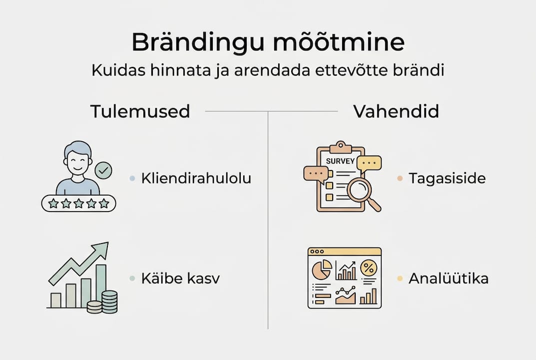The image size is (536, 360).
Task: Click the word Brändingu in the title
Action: [191, 43]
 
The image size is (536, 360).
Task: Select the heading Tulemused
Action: [140, 111]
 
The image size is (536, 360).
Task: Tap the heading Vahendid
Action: [396, 111]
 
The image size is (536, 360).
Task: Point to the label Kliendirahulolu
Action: [196, 178]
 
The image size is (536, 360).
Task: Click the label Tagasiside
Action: [447, 178]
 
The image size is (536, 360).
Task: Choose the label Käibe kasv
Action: [180, 278]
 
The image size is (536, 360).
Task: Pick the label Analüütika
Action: [448, 278]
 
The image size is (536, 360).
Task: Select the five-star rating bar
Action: [78, 203]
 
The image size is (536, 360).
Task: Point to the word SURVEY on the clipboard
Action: [340, 161]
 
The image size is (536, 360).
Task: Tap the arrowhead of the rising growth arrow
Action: [102, 247]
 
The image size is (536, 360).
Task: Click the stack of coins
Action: [104, 302]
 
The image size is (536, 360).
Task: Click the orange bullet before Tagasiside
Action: [399, 178]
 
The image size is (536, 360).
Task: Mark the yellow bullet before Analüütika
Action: [399, 278]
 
